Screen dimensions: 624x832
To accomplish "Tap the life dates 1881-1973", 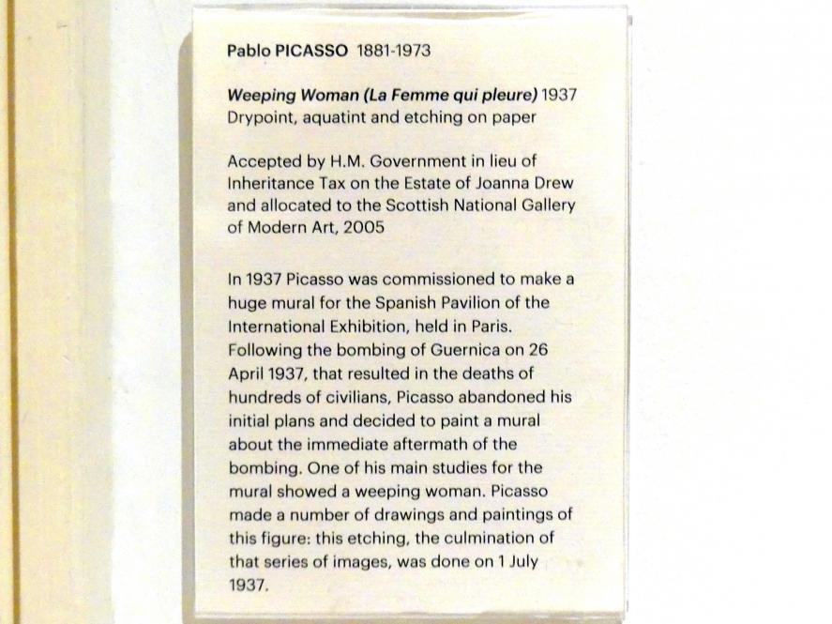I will [x=393, y=52].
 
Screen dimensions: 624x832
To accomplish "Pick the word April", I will [x=246, y=373].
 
